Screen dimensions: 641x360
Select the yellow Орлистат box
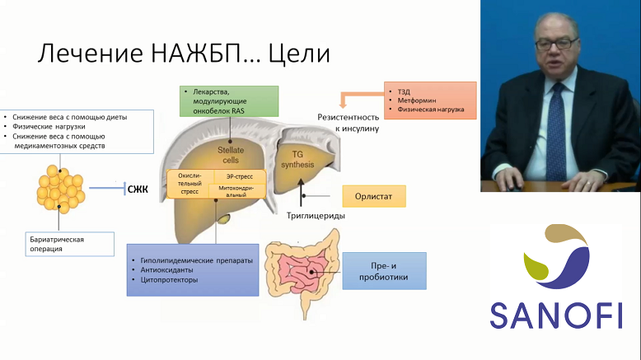tap(374, 196)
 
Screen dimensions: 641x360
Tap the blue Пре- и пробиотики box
tap(384, 271)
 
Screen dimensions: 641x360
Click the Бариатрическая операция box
tap(69, 244)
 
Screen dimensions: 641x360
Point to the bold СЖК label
tap(138, 189)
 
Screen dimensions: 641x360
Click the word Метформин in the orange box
tap(417, 101)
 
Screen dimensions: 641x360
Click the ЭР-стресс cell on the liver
tap(240, 176)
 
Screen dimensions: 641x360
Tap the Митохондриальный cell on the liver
tap(236, 191)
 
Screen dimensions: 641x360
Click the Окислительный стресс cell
tap(189, 184)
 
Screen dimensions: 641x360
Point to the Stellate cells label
tap(231, 155)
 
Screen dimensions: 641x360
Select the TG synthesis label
tap(297, 159)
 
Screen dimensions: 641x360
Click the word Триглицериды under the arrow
tap(316, 215)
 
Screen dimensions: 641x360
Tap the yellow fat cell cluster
tap(60, 187)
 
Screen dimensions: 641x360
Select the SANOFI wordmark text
tap(556, 316)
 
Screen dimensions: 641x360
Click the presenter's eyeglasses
tap(556, 43)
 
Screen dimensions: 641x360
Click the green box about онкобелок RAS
tap(229, 101)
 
